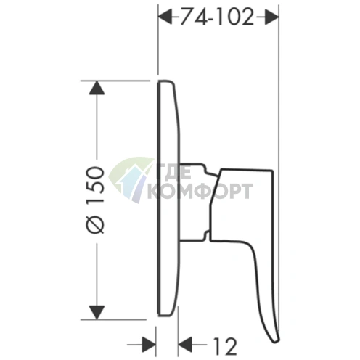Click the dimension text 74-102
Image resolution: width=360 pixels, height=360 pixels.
pos(216,17)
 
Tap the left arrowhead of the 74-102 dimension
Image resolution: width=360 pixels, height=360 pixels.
pos(165,17)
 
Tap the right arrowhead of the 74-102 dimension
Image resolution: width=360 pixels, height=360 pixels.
pos(271,17)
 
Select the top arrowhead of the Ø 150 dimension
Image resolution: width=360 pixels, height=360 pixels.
pos(97,88)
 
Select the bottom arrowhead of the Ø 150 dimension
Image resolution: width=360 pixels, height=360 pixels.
pos(97,312)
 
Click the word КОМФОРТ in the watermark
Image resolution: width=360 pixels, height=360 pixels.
pos(199,191)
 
